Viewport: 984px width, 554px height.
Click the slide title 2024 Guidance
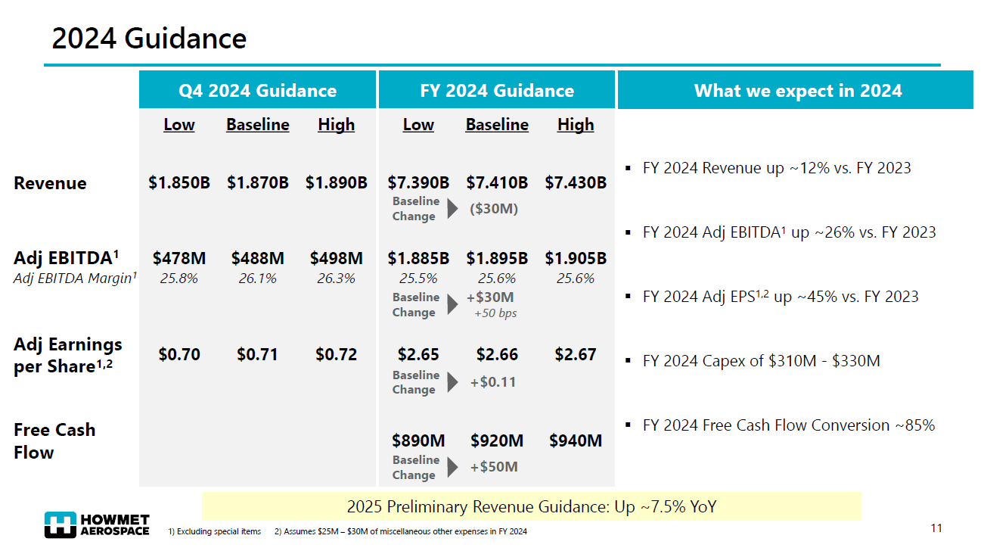(149, 38)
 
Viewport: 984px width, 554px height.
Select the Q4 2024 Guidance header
(257, 91)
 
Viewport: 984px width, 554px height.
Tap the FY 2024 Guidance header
(497, 91)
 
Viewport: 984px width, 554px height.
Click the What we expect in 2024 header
(798, 91)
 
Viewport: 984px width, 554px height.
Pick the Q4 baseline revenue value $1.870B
(258, 182)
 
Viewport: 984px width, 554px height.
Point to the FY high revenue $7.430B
(576, 182)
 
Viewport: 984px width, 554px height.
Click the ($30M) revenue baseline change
(494, 209)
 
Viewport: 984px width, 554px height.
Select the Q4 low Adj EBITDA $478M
(179, 258)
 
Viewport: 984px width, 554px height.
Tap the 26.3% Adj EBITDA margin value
(336, 279)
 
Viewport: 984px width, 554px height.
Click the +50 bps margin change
(495, 313)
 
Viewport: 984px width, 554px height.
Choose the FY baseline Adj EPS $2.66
(497, 354)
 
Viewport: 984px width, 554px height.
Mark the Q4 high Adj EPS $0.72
(336, 354)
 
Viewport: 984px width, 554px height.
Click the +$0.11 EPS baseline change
(493, 382)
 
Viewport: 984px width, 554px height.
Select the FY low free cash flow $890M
(418, 440)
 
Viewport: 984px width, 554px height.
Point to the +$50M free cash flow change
(494, 467)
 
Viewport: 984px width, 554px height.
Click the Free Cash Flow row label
(54, 440)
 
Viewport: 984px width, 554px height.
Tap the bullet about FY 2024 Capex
(761, 361)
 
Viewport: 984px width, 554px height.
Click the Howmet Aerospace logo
(97, 525)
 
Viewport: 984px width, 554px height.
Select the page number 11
(936, 528)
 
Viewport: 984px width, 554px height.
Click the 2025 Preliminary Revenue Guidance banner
(531, 506)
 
